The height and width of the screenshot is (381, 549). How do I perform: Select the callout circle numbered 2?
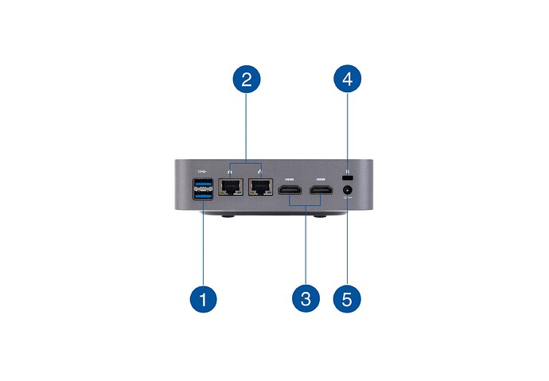pos(247,79)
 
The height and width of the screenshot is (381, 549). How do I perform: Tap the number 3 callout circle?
pos(306,299)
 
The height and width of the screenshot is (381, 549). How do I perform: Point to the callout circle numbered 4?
pos(348,79)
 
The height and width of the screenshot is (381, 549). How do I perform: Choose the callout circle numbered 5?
pos(348,299)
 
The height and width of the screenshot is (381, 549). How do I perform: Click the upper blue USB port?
pos(204,185)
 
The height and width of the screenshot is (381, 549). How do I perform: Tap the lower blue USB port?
pos(204,196)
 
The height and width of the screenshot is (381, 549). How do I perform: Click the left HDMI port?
pos(290,192)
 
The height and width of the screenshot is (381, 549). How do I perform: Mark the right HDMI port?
pos(321,192)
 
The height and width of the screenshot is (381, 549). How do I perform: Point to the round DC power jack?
pos(348,191)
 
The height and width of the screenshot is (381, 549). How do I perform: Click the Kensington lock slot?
pos(347,175)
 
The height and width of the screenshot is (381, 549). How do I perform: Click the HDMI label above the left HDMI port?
pos(289,180)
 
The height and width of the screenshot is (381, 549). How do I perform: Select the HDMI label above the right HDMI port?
pos(321,180)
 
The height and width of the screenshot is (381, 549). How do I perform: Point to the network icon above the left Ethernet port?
pos(230,171)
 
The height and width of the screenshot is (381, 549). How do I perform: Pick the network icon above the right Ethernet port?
pos(260,171)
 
